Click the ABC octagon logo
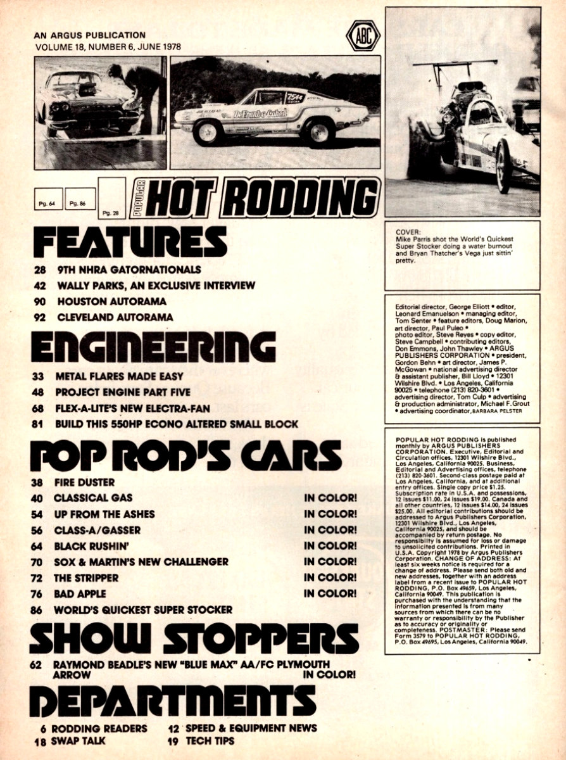pos(363,35)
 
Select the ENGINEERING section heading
pos(153,347)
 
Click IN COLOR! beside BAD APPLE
pos(330,593)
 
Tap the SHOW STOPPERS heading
pos(193,638)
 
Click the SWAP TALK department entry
pos(79,741)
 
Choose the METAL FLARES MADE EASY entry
pos(110,376)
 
